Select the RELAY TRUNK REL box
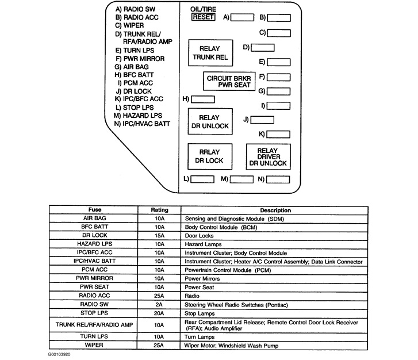tap(209, 52)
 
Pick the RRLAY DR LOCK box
tap(209, 156)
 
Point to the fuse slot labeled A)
tap(242, 17)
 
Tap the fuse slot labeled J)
tap(262, 120)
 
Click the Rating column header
tap(159, 210)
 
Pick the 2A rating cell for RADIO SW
tap(159, 304)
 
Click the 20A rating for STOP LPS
tap(159, 313)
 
